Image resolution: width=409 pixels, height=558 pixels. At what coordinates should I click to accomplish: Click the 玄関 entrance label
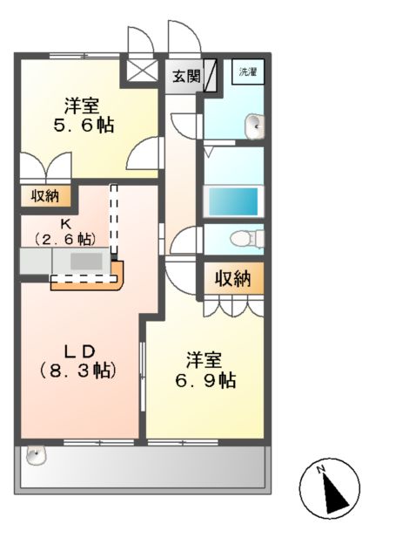coord(184,77)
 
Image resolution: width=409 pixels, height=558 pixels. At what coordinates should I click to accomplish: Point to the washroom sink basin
coord(254,126)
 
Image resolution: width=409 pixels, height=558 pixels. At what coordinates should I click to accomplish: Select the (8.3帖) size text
coord(78,370)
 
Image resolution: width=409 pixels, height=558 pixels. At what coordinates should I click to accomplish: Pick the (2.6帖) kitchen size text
coord(65,237)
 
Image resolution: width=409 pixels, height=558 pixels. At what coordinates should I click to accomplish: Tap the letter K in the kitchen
coord(65,222)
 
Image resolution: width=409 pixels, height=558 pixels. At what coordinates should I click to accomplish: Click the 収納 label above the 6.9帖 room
coord(232,279)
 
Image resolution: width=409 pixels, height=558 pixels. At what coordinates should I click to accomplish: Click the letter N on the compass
coord(321,472)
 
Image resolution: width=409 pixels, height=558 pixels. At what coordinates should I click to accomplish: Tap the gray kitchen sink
coord(85,261)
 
